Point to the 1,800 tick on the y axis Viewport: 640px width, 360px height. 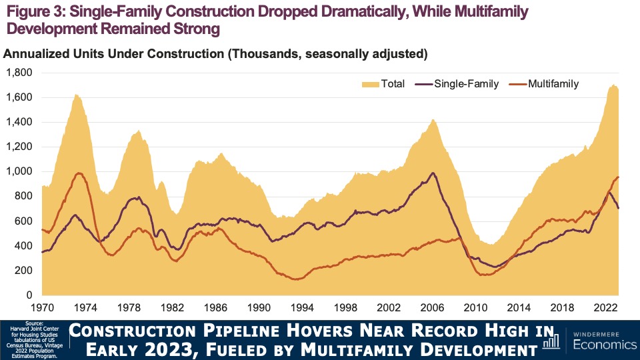(x=19, y=73)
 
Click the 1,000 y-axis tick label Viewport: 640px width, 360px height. (x=19, y=171)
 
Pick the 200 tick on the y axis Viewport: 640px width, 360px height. (x=24, y=270)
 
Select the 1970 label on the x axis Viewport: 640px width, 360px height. (x=42, y=308)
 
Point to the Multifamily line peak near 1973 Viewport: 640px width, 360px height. (x=79, y=173)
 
